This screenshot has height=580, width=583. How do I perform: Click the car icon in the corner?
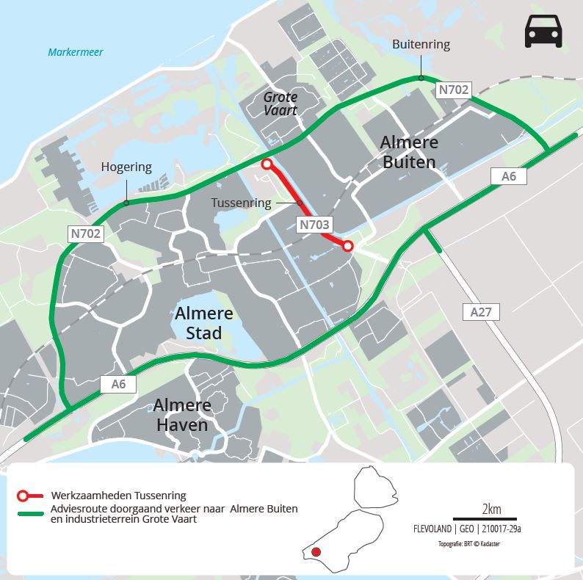[543, 32]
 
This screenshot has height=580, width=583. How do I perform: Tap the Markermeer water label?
[76, 52]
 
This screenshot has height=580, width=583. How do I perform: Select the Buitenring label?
[421, 45]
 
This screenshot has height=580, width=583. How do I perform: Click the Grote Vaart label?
[280, 104]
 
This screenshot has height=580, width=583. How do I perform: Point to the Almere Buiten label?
[409, 152]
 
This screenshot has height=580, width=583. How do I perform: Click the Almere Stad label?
[203, 323]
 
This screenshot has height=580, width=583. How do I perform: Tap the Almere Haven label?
[181, 415]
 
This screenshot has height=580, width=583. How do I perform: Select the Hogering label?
[126, 167]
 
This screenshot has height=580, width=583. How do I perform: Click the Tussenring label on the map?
[242, 203]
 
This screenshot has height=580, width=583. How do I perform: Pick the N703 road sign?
[314, 225]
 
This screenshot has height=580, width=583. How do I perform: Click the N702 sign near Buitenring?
[452, 90]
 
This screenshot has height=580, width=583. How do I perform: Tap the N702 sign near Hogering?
[87, 234]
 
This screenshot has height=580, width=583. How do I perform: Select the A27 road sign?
[481, 312]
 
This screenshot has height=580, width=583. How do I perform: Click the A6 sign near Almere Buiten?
[508, 175]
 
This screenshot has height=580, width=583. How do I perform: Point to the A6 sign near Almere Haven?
[118, 383]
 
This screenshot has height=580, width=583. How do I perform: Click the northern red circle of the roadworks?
[267, 164]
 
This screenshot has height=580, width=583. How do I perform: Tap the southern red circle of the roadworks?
[348, 246]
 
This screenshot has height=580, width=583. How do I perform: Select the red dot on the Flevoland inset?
[316, 552]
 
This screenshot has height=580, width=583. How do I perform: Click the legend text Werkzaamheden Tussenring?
[118, 495]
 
